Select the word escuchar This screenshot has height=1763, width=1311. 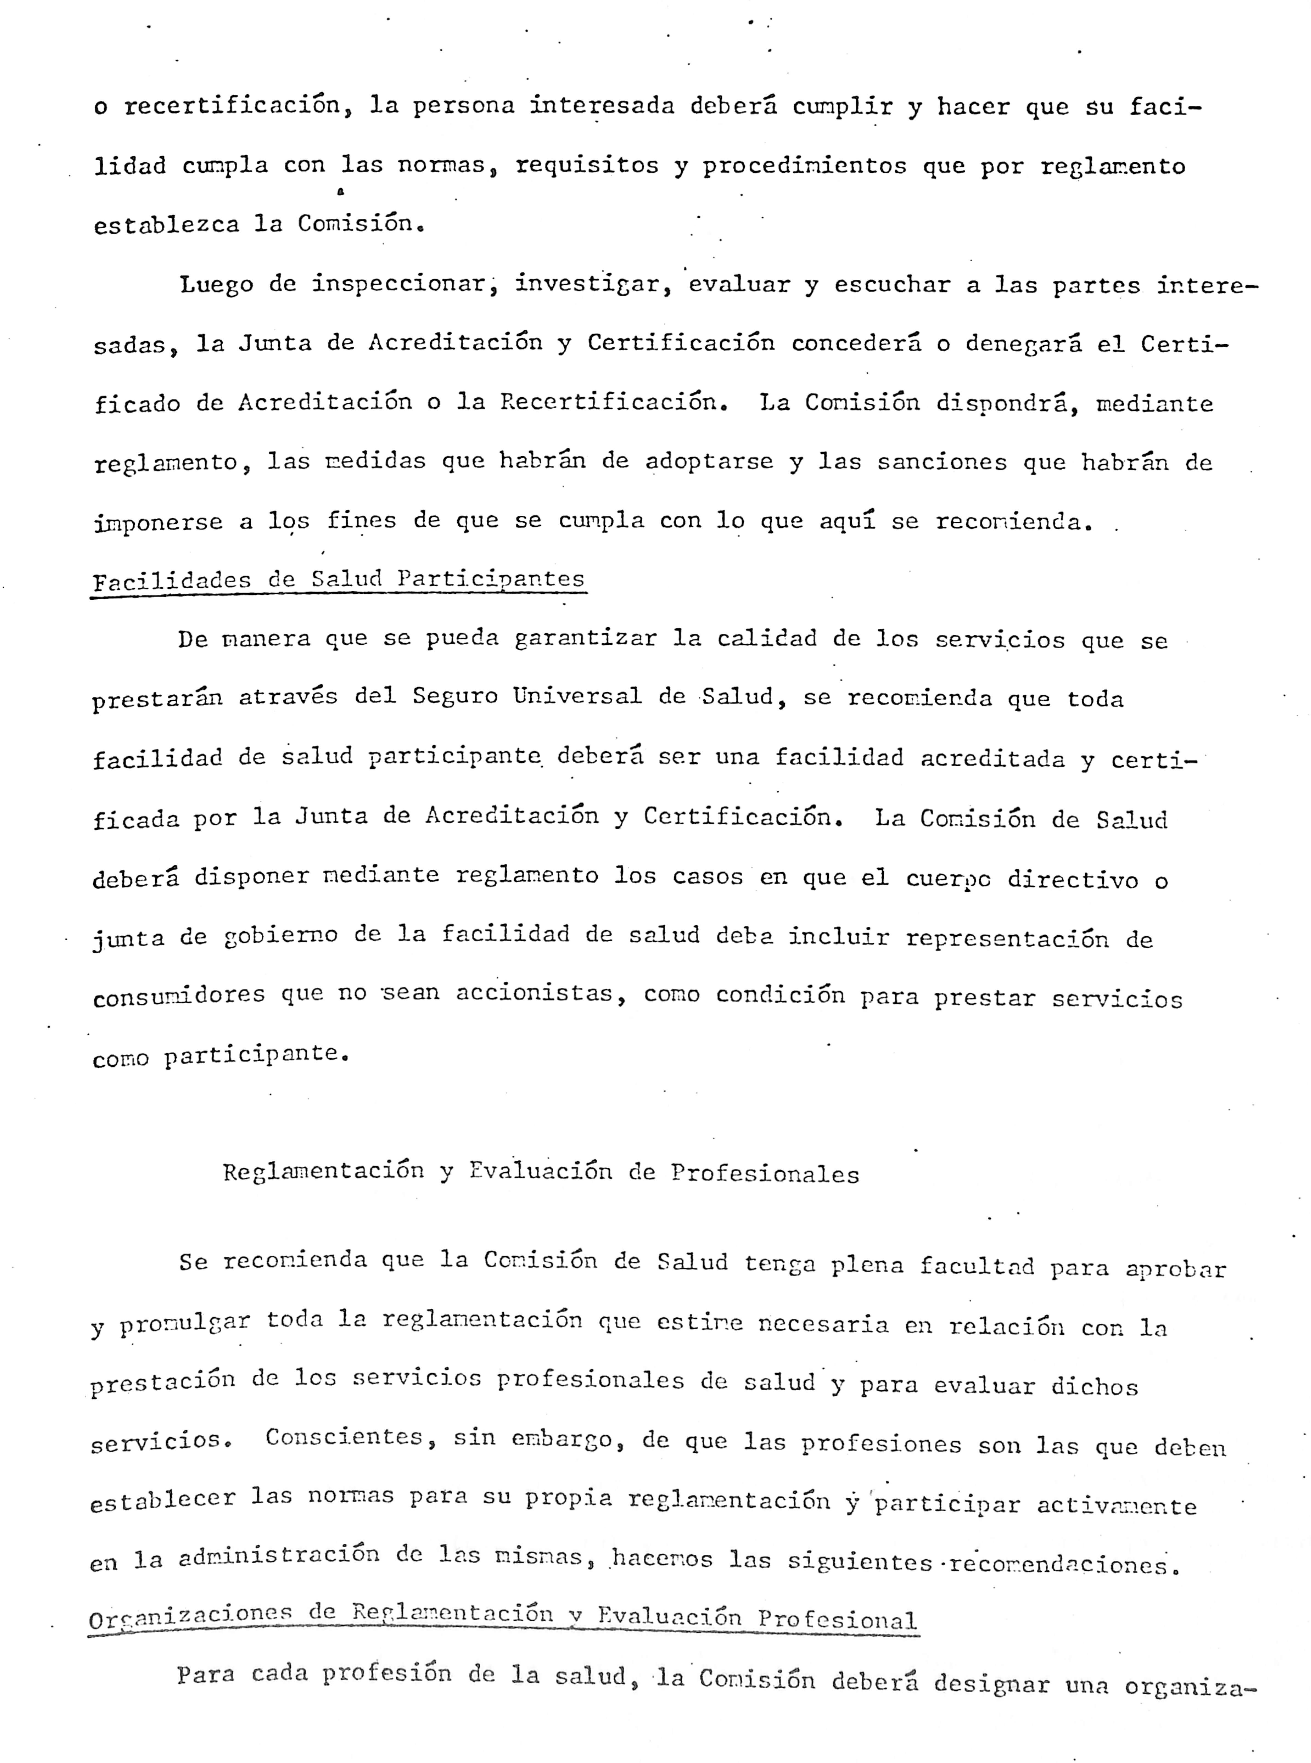click(x=892, y=285)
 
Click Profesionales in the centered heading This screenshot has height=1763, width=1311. click(x=765, y=1174)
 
